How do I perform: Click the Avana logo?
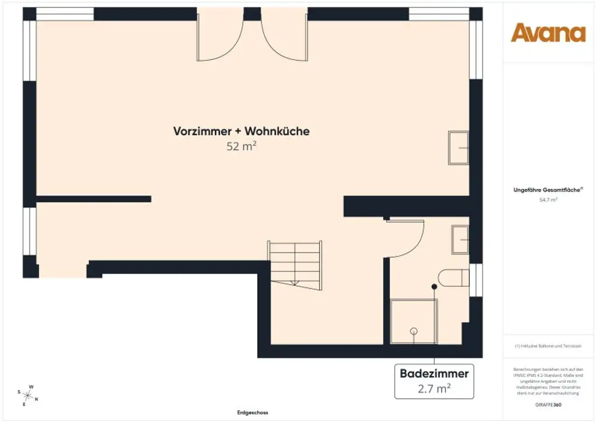(x=548, y=33)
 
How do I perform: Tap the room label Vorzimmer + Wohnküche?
(x=241, y=131)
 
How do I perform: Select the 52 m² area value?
(x=242, y=146)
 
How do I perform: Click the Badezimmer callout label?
(x=434, y=373)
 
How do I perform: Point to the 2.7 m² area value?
(x=434, y=388)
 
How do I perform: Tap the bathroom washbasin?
(x=460, y=239)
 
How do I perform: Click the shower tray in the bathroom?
(x=413, y=321)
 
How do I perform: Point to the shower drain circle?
(x=414, y=331)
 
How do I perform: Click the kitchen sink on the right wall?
(x=459, y=147)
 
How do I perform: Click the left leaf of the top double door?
(x=219, y=41)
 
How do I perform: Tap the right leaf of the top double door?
(x=283, y=41)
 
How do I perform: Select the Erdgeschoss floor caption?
(x=252, y=412)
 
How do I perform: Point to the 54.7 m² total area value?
(x=548, y=199)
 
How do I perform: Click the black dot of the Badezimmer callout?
(x=434, y=287)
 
